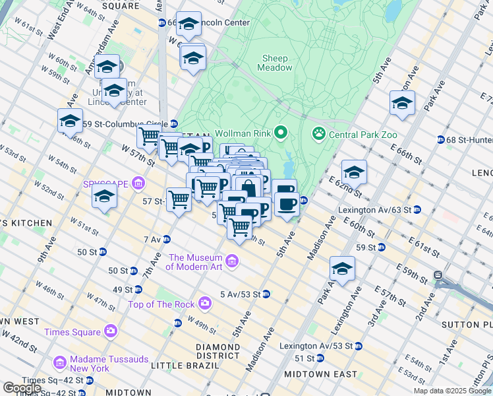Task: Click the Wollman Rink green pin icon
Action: click(281, 134)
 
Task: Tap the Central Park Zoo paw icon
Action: click(319, 134)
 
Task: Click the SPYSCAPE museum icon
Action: click(138, 183)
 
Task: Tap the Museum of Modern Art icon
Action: click(231, 262)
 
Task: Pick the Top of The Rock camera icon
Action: click(206, 304)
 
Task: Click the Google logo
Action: click(22, 388)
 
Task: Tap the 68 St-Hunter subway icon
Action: click(440, 139)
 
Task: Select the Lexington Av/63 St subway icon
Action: click(417, 210)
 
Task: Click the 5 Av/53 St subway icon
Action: click(266, 294)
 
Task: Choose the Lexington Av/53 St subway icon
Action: click(357, 346)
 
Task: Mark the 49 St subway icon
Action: click(138, 289)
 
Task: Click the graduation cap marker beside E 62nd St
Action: click(354, 173)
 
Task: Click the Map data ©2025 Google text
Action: click(452, 391)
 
